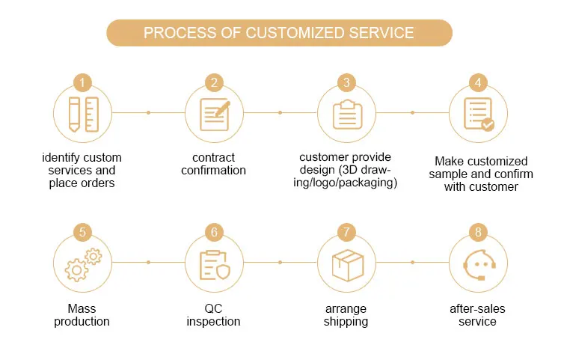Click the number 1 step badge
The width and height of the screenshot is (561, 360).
click(82, 82)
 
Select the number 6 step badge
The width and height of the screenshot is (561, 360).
click(215, 232)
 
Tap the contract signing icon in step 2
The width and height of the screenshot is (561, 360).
click(214, 114)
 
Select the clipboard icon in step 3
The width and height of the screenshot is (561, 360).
click(346, 114)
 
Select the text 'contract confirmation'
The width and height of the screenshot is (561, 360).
click(214, 164)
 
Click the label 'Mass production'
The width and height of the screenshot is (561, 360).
click(82, 314)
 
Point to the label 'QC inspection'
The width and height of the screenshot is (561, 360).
click(214, 314)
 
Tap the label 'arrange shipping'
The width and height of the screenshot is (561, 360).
click(346, 314)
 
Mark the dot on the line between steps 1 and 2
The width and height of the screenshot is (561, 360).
click(148, 113)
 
